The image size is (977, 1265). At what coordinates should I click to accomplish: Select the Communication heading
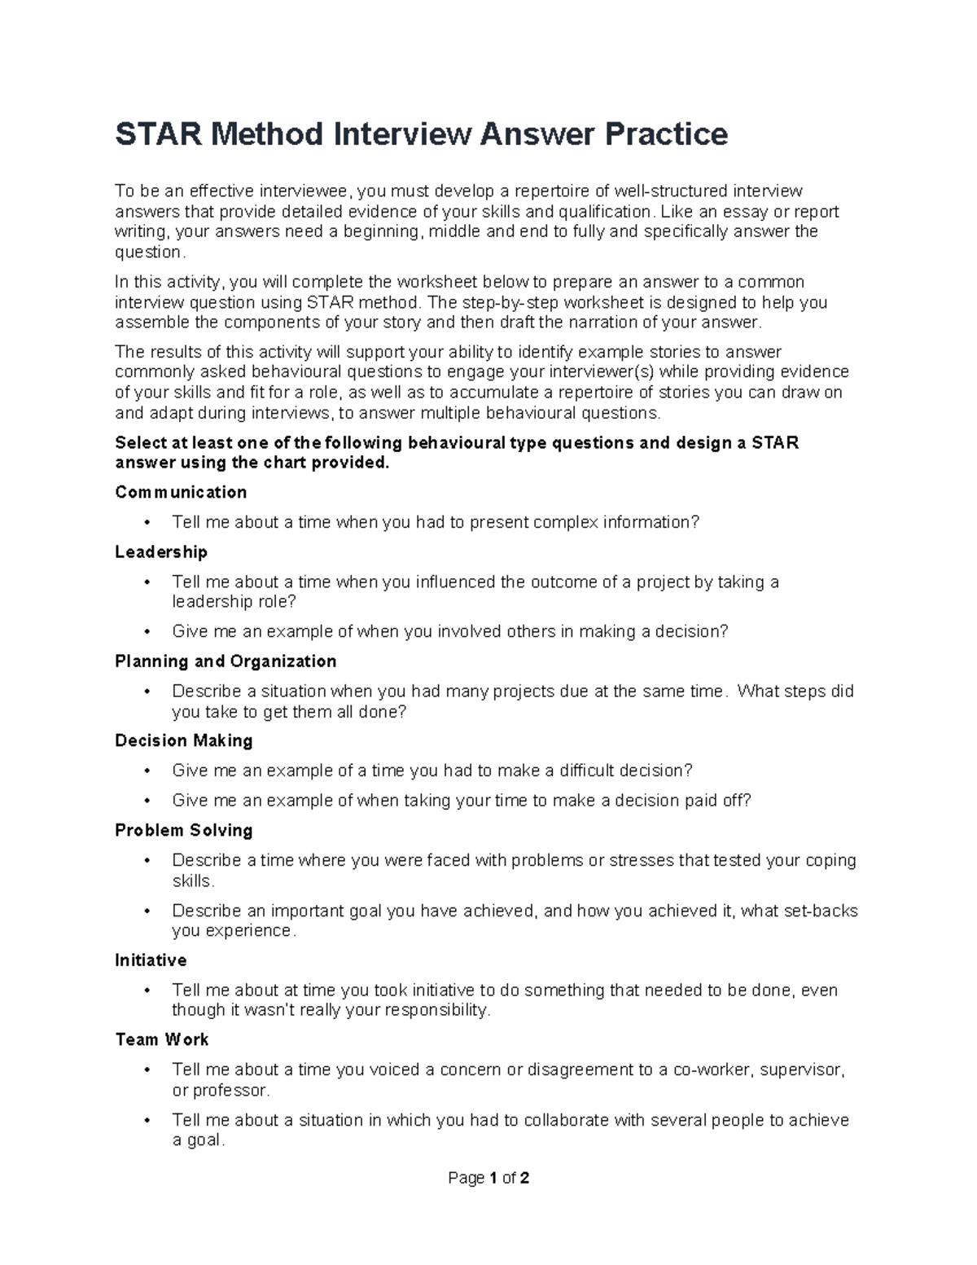[181, 492]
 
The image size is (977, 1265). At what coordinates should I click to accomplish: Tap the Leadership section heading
[161, 552]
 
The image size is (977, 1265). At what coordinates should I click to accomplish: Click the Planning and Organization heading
[226, 661]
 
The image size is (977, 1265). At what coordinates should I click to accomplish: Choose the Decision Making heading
[184, 740]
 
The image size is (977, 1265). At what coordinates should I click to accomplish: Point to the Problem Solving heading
[184, 830]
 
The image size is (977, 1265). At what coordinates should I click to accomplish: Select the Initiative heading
[151, 960]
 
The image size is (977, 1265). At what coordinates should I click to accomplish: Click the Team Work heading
[162, 1039]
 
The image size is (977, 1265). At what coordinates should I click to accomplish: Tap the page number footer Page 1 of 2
[488, 1178]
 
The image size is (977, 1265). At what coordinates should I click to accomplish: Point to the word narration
[599, 323]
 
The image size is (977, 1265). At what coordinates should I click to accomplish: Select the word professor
[230, 1090]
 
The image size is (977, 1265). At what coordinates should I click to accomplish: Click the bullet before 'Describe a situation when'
[147, 692]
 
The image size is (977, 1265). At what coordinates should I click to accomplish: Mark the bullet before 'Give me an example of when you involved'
[147, 631]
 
